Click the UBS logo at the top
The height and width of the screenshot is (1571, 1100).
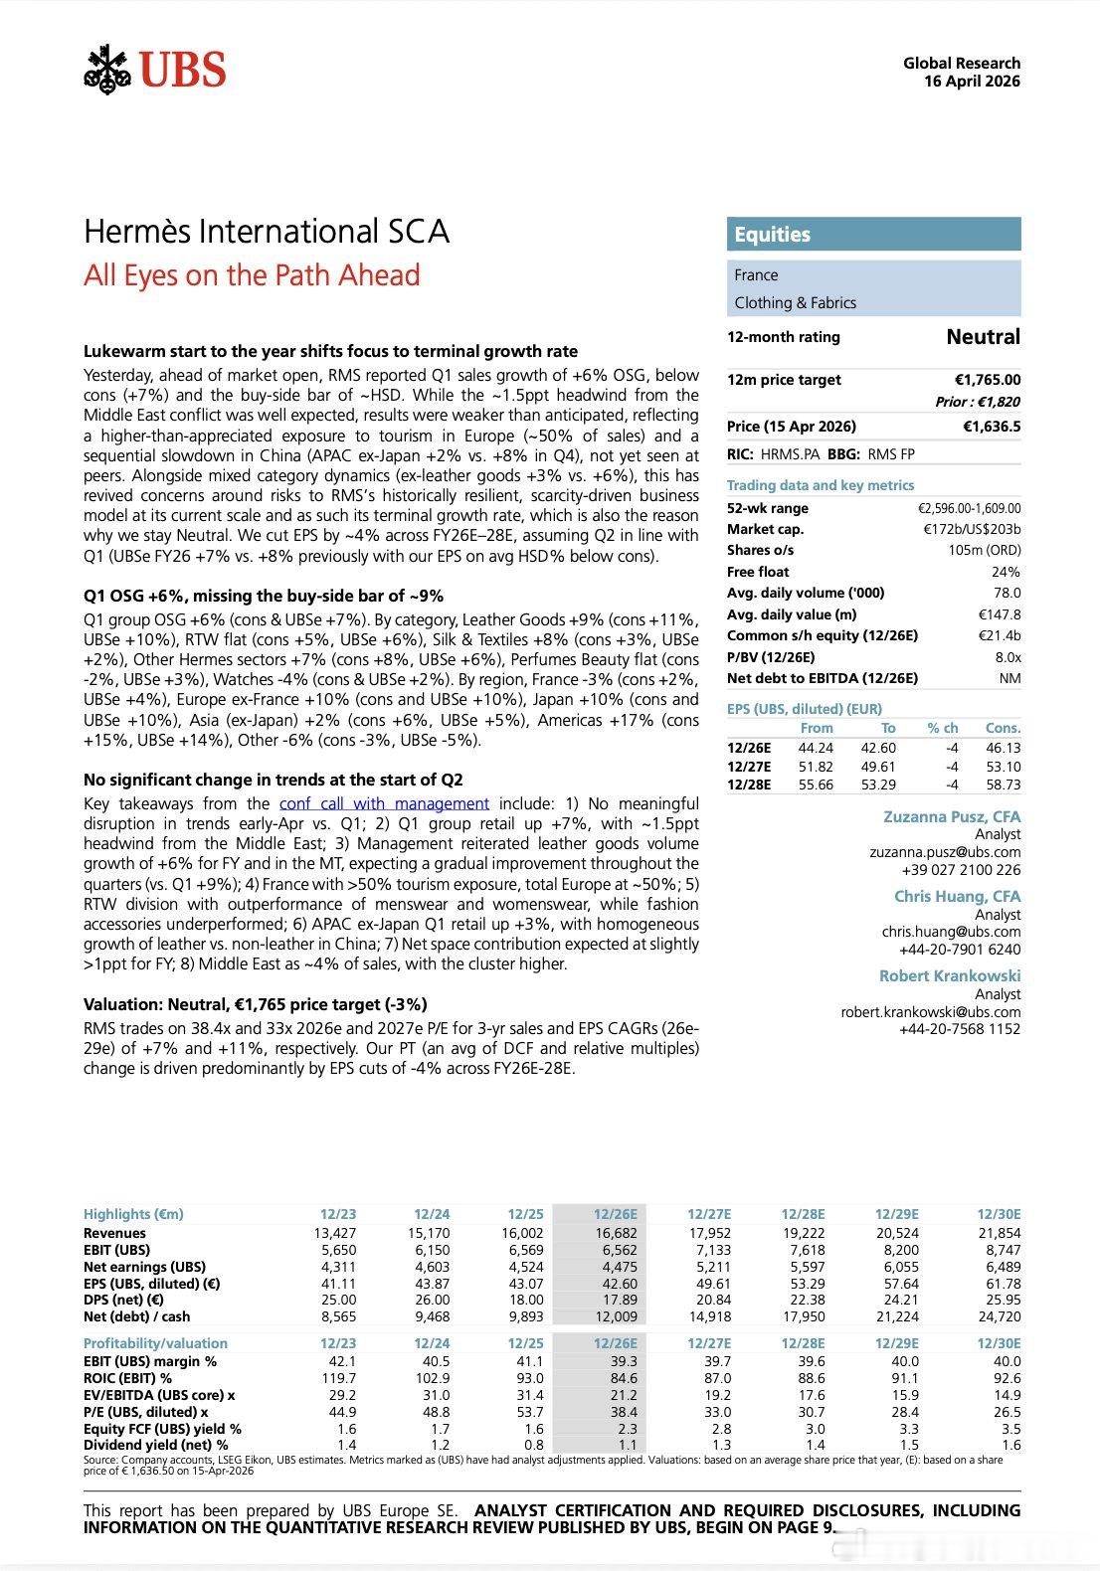(x=155, y=70)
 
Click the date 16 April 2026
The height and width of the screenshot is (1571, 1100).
(x=972, y=82)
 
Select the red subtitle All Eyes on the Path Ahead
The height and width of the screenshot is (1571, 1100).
(x=252, y=274)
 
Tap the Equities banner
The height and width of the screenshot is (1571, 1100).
(x=873, y=235)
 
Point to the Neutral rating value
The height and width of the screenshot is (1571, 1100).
(x=983, y=337)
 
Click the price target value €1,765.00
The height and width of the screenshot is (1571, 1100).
(x=987, y=380)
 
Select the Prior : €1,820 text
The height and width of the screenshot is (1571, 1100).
(x=978, y=402)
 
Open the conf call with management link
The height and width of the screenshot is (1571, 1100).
(x=384, y=803)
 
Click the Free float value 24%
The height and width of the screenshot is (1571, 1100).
(x=1006, y=572)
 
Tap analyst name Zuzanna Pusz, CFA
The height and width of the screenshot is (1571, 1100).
(x=952, y=816)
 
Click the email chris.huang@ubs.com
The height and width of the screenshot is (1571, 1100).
(x=951, y=932)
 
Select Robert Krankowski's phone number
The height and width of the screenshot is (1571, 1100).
(x=960, y=1029)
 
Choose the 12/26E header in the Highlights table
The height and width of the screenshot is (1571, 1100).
(x=615, y=1214)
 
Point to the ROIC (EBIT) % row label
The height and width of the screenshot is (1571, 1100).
(x=127, y=1378)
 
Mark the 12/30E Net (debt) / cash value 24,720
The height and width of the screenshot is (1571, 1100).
(x=999, y=1316)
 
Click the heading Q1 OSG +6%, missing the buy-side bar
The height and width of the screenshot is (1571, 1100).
(x=264, y=597)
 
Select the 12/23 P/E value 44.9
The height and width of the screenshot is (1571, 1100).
(x=339, y=1412)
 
